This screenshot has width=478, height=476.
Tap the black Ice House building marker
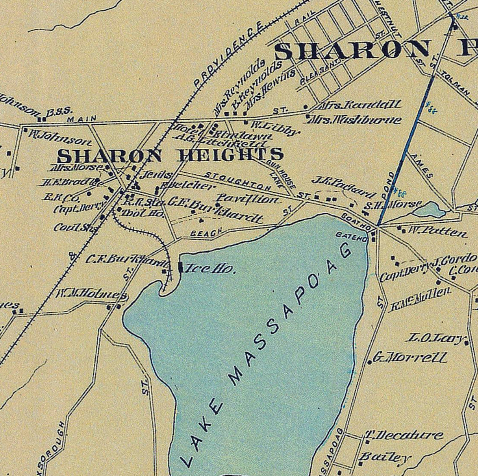180,267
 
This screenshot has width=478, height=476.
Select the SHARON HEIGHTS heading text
170,155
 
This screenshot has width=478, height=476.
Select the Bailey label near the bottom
385,458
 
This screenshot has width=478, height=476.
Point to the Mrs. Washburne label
356,120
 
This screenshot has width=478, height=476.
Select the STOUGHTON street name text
239,181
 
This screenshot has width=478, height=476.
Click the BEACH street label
206,232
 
